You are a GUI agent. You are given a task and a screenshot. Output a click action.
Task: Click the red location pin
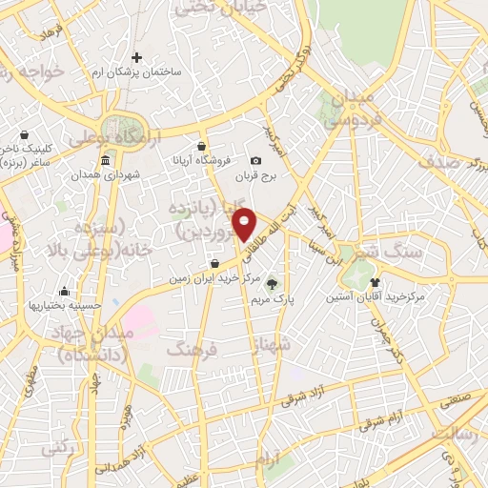(x=245, y=224)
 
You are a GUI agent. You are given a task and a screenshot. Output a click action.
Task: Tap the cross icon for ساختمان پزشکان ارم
(x=137, y=58)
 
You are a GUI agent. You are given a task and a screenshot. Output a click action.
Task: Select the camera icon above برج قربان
(x=255, y=161)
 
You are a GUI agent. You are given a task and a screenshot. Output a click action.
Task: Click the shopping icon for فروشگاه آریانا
(x=201, y=146)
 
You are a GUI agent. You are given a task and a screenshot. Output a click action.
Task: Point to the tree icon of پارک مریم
(x=274, y=282)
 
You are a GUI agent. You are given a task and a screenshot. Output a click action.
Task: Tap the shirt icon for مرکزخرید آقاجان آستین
(x=375, y=282)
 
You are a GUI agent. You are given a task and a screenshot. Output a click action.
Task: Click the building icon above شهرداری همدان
(x=104, y=159)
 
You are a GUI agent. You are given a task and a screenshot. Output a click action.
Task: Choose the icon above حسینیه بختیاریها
(x=64, y=291)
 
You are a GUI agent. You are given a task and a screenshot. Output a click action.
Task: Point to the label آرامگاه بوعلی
(x=115, y=140)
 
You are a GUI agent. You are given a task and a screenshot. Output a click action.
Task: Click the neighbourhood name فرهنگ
(x=192, y=350)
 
